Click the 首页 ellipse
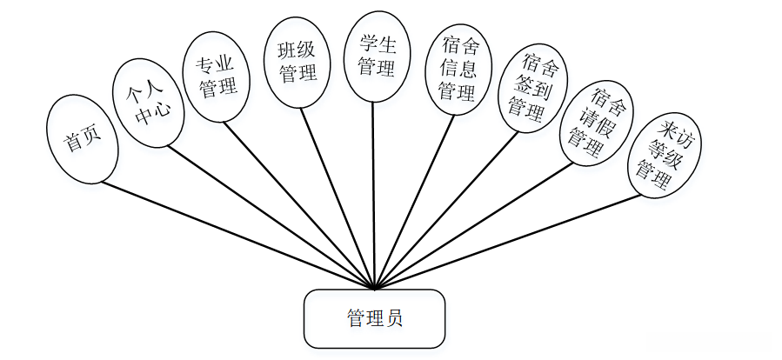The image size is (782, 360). [x=80, y=139]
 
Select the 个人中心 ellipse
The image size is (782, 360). [x=148, y=103]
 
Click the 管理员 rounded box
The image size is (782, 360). [x=374, y=318]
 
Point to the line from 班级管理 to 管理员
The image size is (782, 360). [x=339, y=198]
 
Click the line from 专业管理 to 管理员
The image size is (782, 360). [x=300, y=204]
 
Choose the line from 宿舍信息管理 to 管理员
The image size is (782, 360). [x=414, y=202]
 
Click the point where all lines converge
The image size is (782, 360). [x=374, y=288]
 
